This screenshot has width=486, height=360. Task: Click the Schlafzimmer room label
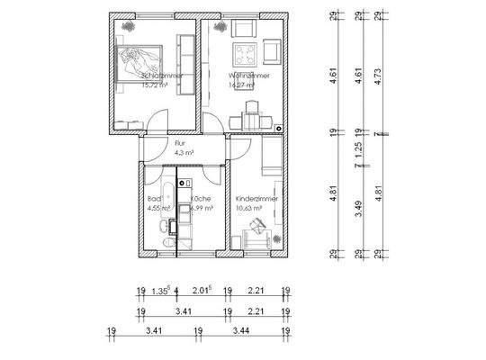[162, 76]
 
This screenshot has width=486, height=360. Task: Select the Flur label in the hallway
[156, 143]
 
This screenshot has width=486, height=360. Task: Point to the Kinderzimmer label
[256, 198]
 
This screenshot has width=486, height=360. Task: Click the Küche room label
[202, 198]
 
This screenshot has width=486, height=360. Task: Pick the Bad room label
[153, 198]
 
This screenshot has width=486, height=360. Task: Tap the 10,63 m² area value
[248, 208]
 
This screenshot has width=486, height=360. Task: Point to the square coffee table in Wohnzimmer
[245, 52]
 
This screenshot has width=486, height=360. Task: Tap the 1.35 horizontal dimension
[160, 291]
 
